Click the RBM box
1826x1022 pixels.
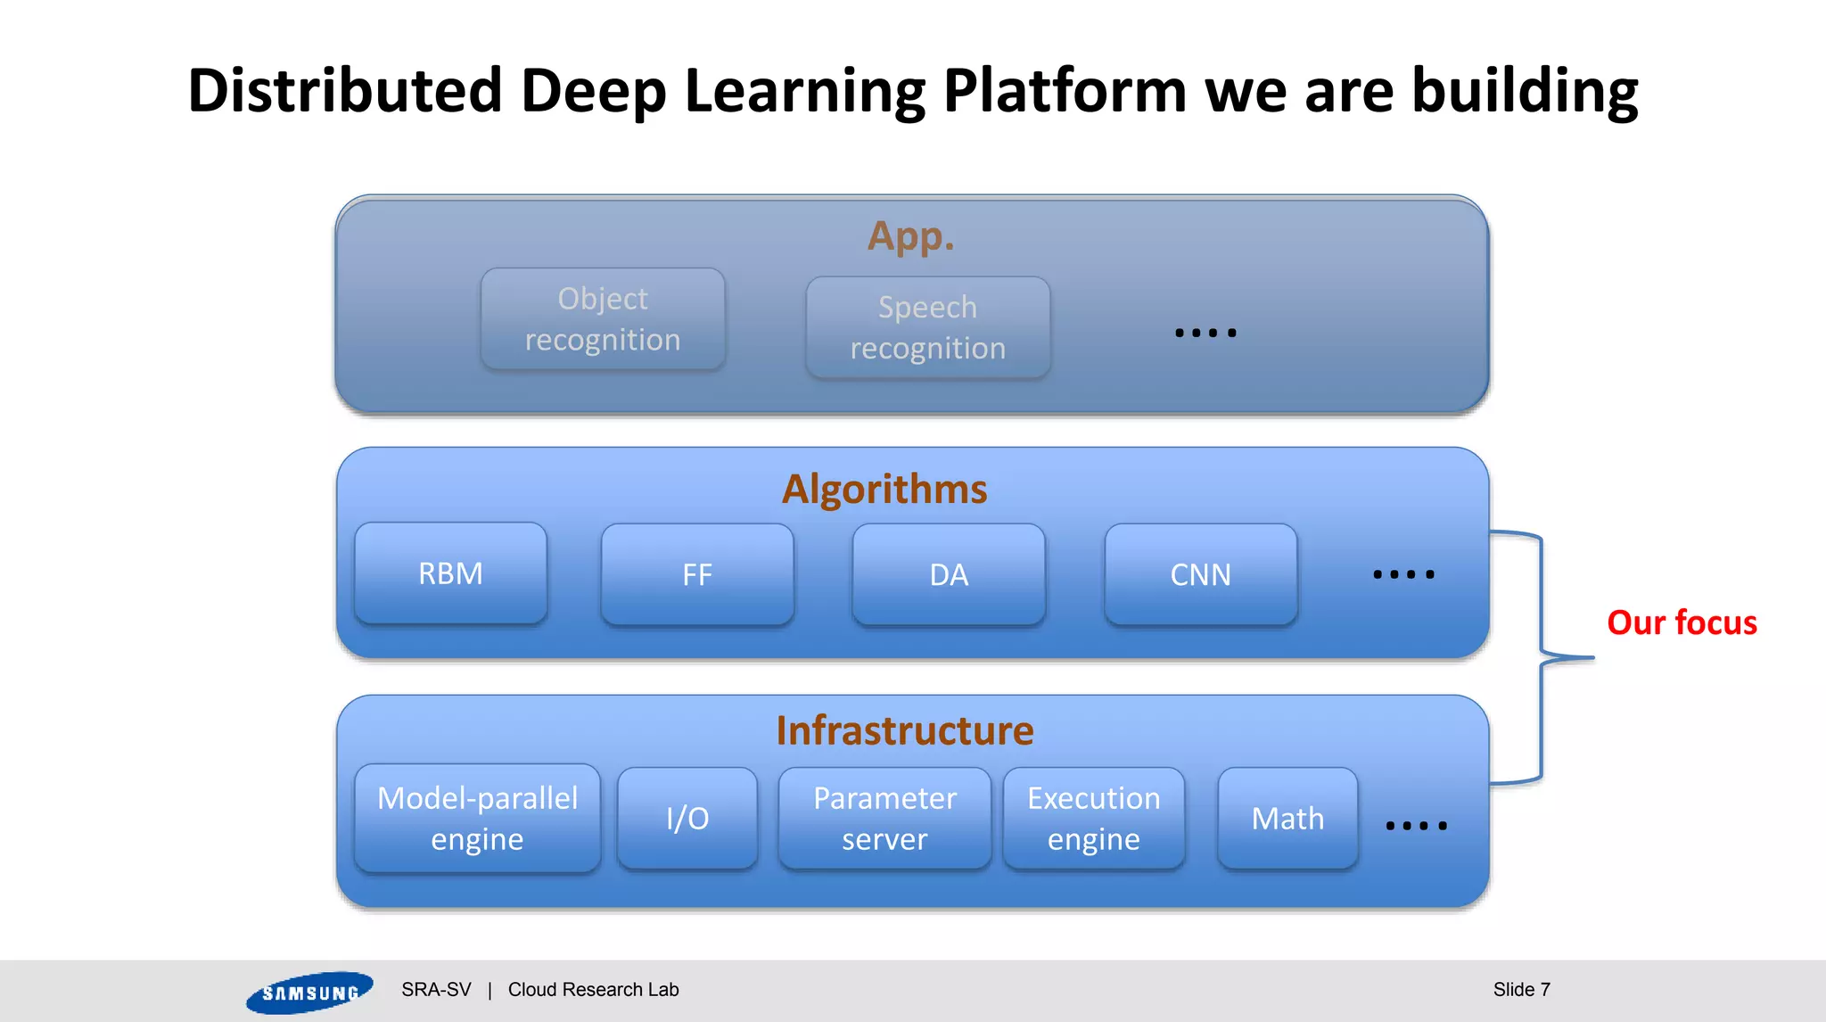[x=450, y=573]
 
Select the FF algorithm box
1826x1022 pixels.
[x=697, y=574]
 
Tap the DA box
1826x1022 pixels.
[x=949, y=574]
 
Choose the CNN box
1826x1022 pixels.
[x=1200, y=574]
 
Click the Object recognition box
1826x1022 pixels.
[x=603, y=319]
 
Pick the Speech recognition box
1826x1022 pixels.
[x=927, y=327]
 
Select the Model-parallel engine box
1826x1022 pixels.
[x=477, y=818]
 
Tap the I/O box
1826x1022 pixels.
[x=687, y=818]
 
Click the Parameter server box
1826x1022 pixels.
[x=884, y=818]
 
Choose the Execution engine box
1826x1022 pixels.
[x=1094, y=818]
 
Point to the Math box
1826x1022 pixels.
[x=1287, y=818]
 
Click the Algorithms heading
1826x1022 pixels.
[x=884, y=489]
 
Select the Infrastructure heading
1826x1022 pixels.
[x=904, y=730]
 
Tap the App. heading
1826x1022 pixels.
[x=910, y=236]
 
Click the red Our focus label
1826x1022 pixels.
[x=1682, y=622]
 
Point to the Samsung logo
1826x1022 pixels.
[x=309, y=992]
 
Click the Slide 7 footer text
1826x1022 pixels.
[x=1521, y=989]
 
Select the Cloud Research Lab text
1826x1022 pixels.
[x=593, y=989]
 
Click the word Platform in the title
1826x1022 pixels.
[x=1065, y=91]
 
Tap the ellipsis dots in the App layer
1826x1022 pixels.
[x=1205, y=333]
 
